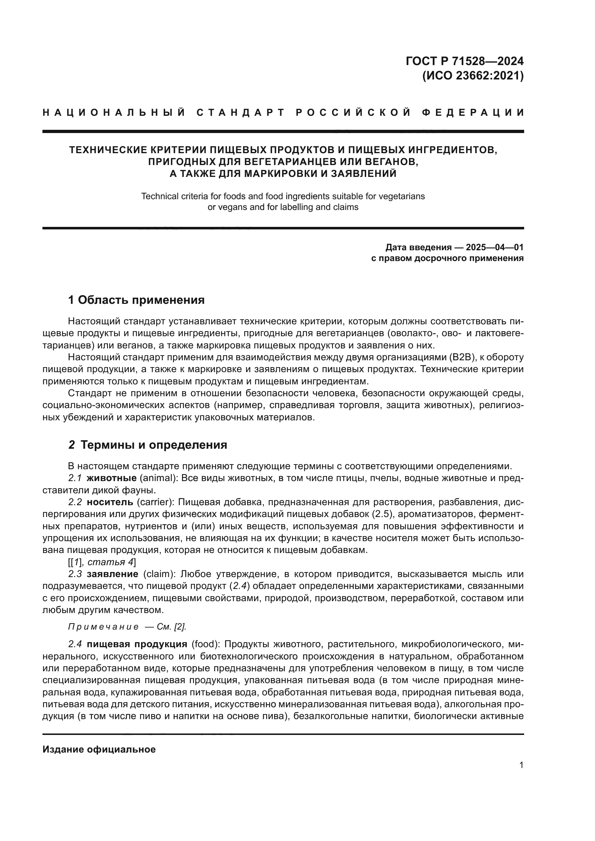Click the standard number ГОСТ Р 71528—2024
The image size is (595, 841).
(x=464, y=61)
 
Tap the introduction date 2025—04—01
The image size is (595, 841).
(x=495, y=247)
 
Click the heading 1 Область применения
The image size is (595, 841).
(x=136, y=300)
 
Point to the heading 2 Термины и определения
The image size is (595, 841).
(x=147, y=445)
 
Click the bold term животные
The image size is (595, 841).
(x=112, y=478)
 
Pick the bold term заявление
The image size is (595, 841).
(x=113, y=574)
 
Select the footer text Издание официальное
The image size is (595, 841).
(x=99, y=749)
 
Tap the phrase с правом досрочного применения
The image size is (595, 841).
(x=448, y=258)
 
